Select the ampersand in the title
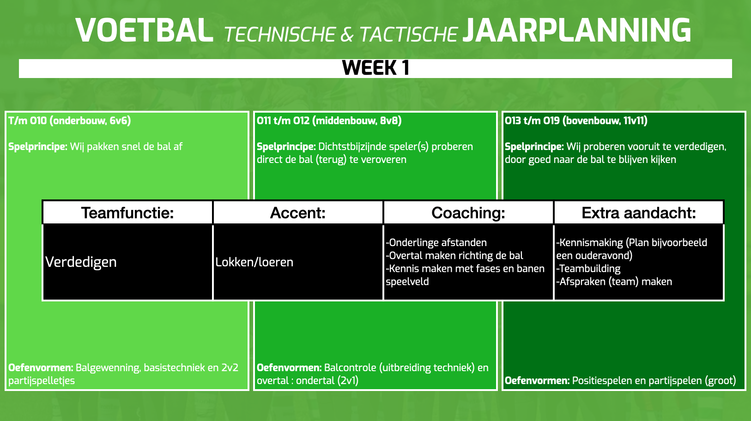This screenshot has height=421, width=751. pos(347,35)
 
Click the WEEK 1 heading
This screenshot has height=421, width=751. pos(375,68)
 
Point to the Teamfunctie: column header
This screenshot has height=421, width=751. pos(127,213)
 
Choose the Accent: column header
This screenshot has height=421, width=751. pos(298,213)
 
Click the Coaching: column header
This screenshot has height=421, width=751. pos(468,213)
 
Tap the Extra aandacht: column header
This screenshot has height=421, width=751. pos(639,213)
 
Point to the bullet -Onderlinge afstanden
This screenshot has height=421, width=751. pos(436,242)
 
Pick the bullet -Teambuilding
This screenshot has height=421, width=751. pos(588,269)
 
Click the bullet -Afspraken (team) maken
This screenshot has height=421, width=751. pos(614,282)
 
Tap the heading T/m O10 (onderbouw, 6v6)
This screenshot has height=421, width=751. pos(70,120)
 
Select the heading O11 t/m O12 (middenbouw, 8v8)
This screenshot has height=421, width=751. pos(329,120)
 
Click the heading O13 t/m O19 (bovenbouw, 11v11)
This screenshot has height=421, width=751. pos(576,120)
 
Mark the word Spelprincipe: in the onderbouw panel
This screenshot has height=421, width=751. pos(38,147)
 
